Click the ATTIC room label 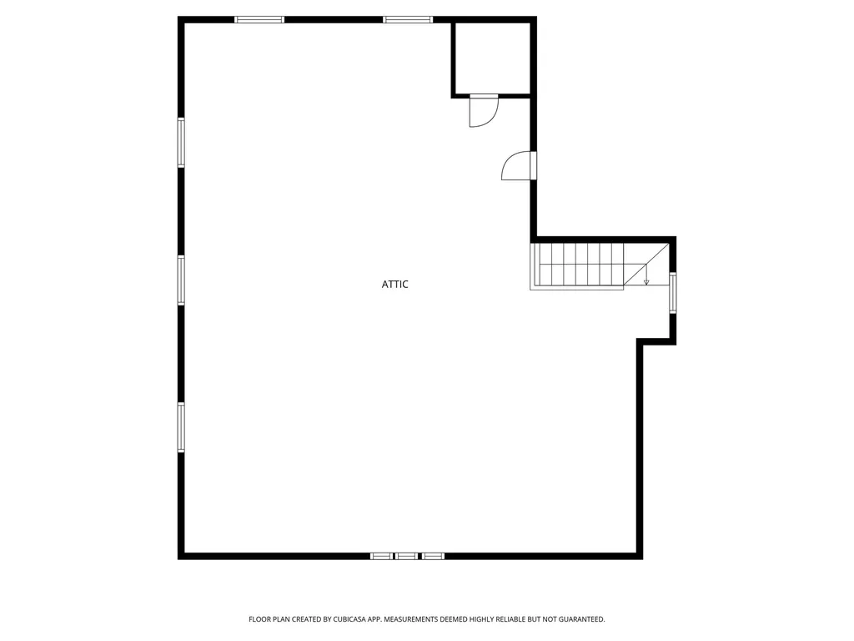click(394, 284)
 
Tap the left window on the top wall click(259, 20)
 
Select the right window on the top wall click(408, 20)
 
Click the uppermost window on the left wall click(181, 143)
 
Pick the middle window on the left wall click(181, 280)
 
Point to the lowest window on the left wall click(181, 427)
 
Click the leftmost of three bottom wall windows click(381, 556)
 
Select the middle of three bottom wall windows click(407, 556)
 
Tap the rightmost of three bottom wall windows click(433, 556)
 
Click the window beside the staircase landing click(673, 293)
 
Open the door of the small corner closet click(484, 111)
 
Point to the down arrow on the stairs click(646, 274)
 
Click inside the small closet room click(492, 58)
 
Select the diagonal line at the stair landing click(646, 265)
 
